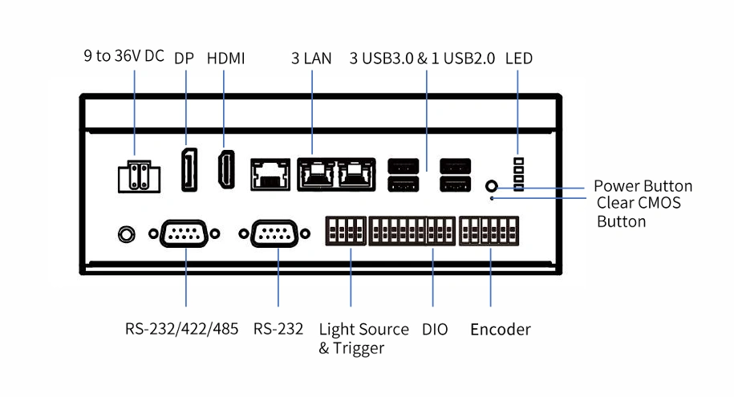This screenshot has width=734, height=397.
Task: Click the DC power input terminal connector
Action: [139, 176]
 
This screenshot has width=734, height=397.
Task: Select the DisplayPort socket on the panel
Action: [189, 169]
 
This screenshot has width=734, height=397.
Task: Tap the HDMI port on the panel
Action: [226, 169]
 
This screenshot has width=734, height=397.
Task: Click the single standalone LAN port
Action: [270, 174]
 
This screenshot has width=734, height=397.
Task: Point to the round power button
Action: [492, 186]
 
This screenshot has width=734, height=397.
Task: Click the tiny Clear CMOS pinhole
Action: [492, 199]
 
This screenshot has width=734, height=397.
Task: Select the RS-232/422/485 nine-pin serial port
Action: [184, 233]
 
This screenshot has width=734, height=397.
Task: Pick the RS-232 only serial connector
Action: [274, 233]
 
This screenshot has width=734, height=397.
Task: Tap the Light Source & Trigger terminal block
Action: [346, 231]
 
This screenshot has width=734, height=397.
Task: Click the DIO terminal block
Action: [412, 231]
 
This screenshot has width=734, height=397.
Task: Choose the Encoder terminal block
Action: [489, 231]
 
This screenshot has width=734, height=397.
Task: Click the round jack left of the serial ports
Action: [127, 234]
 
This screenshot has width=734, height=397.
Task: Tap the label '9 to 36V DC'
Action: [124, 55]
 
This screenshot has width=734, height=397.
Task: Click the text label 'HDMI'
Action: [225, 58]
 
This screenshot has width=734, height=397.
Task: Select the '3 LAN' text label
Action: [311, 58]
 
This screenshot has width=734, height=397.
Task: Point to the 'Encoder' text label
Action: [501, 329]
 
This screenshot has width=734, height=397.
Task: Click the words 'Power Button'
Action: [643, 186]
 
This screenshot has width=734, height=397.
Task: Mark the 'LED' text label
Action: [519, 58]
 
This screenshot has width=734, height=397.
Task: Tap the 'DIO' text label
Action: [435, 329]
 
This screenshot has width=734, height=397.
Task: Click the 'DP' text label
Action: [184, 58]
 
